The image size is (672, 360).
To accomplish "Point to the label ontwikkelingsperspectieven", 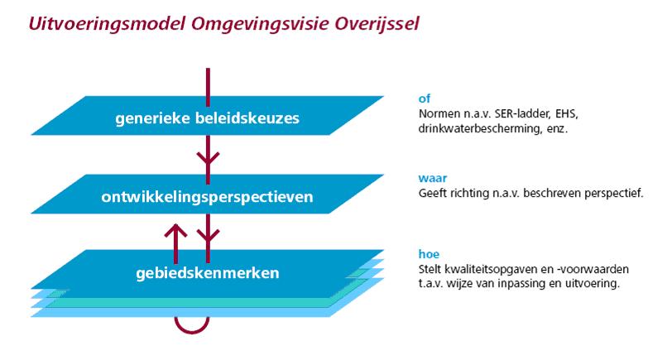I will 206,198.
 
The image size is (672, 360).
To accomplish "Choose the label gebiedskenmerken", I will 206,272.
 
